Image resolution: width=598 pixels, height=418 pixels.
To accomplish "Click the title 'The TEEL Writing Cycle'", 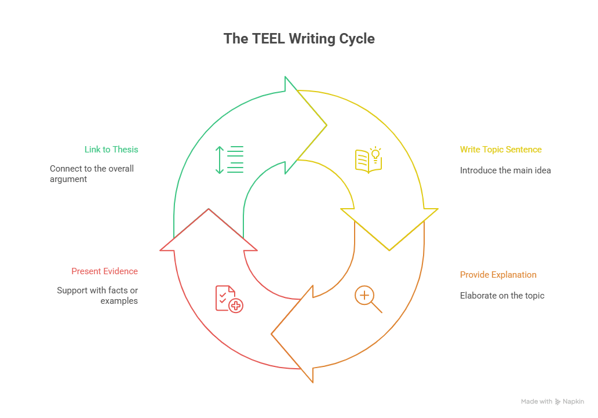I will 299,39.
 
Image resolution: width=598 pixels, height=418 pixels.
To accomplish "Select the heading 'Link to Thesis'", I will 111,150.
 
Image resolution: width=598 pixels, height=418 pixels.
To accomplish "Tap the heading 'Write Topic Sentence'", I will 501,150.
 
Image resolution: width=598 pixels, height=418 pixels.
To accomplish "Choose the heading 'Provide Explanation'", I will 498,275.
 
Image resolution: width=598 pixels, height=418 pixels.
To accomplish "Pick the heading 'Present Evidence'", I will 105,271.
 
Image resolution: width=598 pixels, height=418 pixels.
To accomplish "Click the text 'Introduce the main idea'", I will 505,170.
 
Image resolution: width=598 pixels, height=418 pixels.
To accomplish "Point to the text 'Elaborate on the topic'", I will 502,296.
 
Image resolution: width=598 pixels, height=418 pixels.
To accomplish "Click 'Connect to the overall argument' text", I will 92,174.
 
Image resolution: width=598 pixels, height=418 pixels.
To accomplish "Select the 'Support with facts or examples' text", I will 97,296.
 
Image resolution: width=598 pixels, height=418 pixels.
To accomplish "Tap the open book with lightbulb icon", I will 369,159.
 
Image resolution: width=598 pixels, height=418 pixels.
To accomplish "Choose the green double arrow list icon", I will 229,159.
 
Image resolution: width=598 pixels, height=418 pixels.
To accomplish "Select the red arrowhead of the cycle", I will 209,232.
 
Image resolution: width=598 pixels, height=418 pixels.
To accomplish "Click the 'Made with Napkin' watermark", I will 552,402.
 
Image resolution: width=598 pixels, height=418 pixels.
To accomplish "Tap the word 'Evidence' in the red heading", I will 121,271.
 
